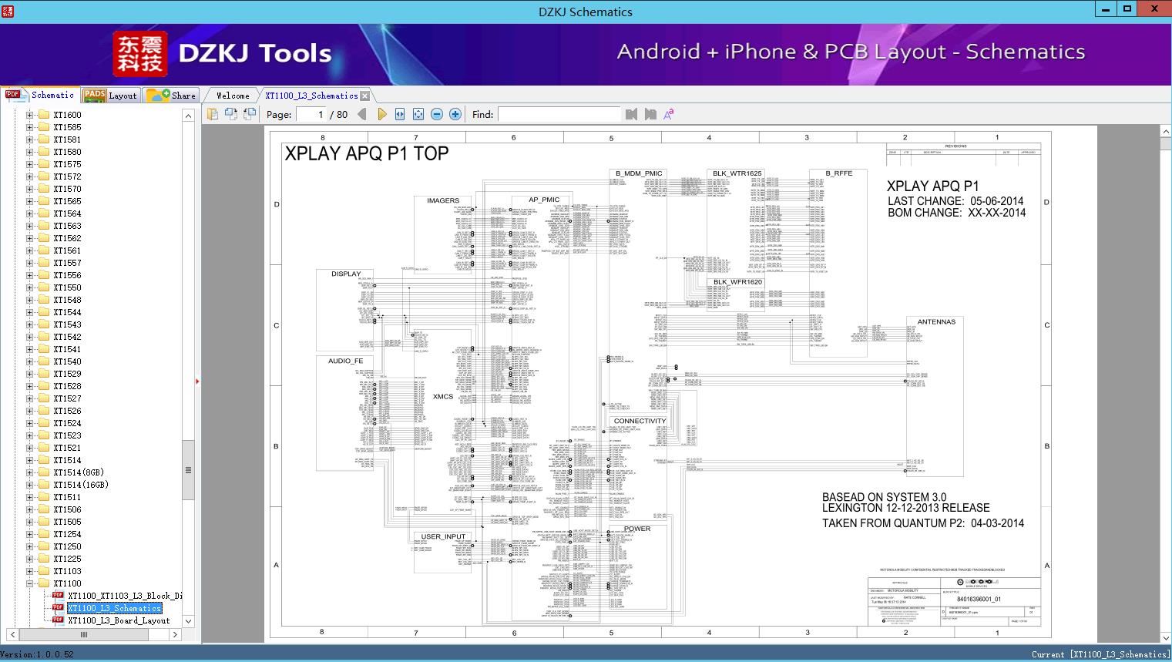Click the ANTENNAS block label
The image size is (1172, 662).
click(x=936, y=322)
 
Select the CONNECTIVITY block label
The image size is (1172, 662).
click(x=640, y=422)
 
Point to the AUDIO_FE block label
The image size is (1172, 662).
click(x=345, y=361)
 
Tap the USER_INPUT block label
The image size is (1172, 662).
click(x=443, y=536)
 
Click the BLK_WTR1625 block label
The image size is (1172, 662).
click(x=737, y=173)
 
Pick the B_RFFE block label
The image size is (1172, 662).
click(x=838, y=173)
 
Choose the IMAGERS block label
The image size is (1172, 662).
click(x=443, y=200)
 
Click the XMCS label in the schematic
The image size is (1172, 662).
click(x=443, y=397)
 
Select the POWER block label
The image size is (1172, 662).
click(x=637, y=529)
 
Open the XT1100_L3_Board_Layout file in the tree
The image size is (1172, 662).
click(x=119, y=620)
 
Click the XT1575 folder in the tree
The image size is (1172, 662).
click(x=67, y=164)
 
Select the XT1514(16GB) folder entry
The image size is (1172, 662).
click(x=80, y=485)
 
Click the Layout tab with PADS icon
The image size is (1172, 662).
click(x=110, y=96)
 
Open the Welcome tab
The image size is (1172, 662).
click(x=233, y=96)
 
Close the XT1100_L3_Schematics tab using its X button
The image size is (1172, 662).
click(x=365, y=96)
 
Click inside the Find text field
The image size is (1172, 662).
click(x=559, y=114)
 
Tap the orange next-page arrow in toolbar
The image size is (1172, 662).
click(x=382, y=114)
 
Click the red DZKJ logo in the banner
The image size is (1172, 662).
click(x=139, y=54)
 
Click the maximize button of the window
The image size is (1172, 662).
click(x=1127, y=9)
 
